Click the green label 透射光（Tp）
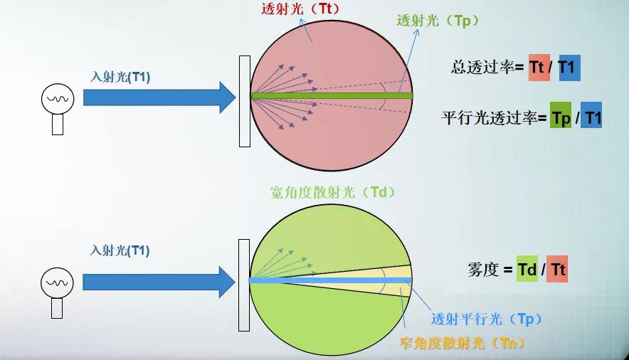(438, 21)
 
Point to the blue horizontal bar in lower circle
(327, 280)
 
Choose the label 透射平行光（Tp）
(483, 319)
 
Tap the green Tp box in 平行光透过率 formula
(561, 118)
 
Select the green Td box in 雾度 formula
(527, 270)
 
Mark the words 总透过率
(482, 68)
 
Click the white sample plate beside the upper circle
(244, 100)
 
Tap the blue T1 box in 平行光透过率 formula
(593, 118)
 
